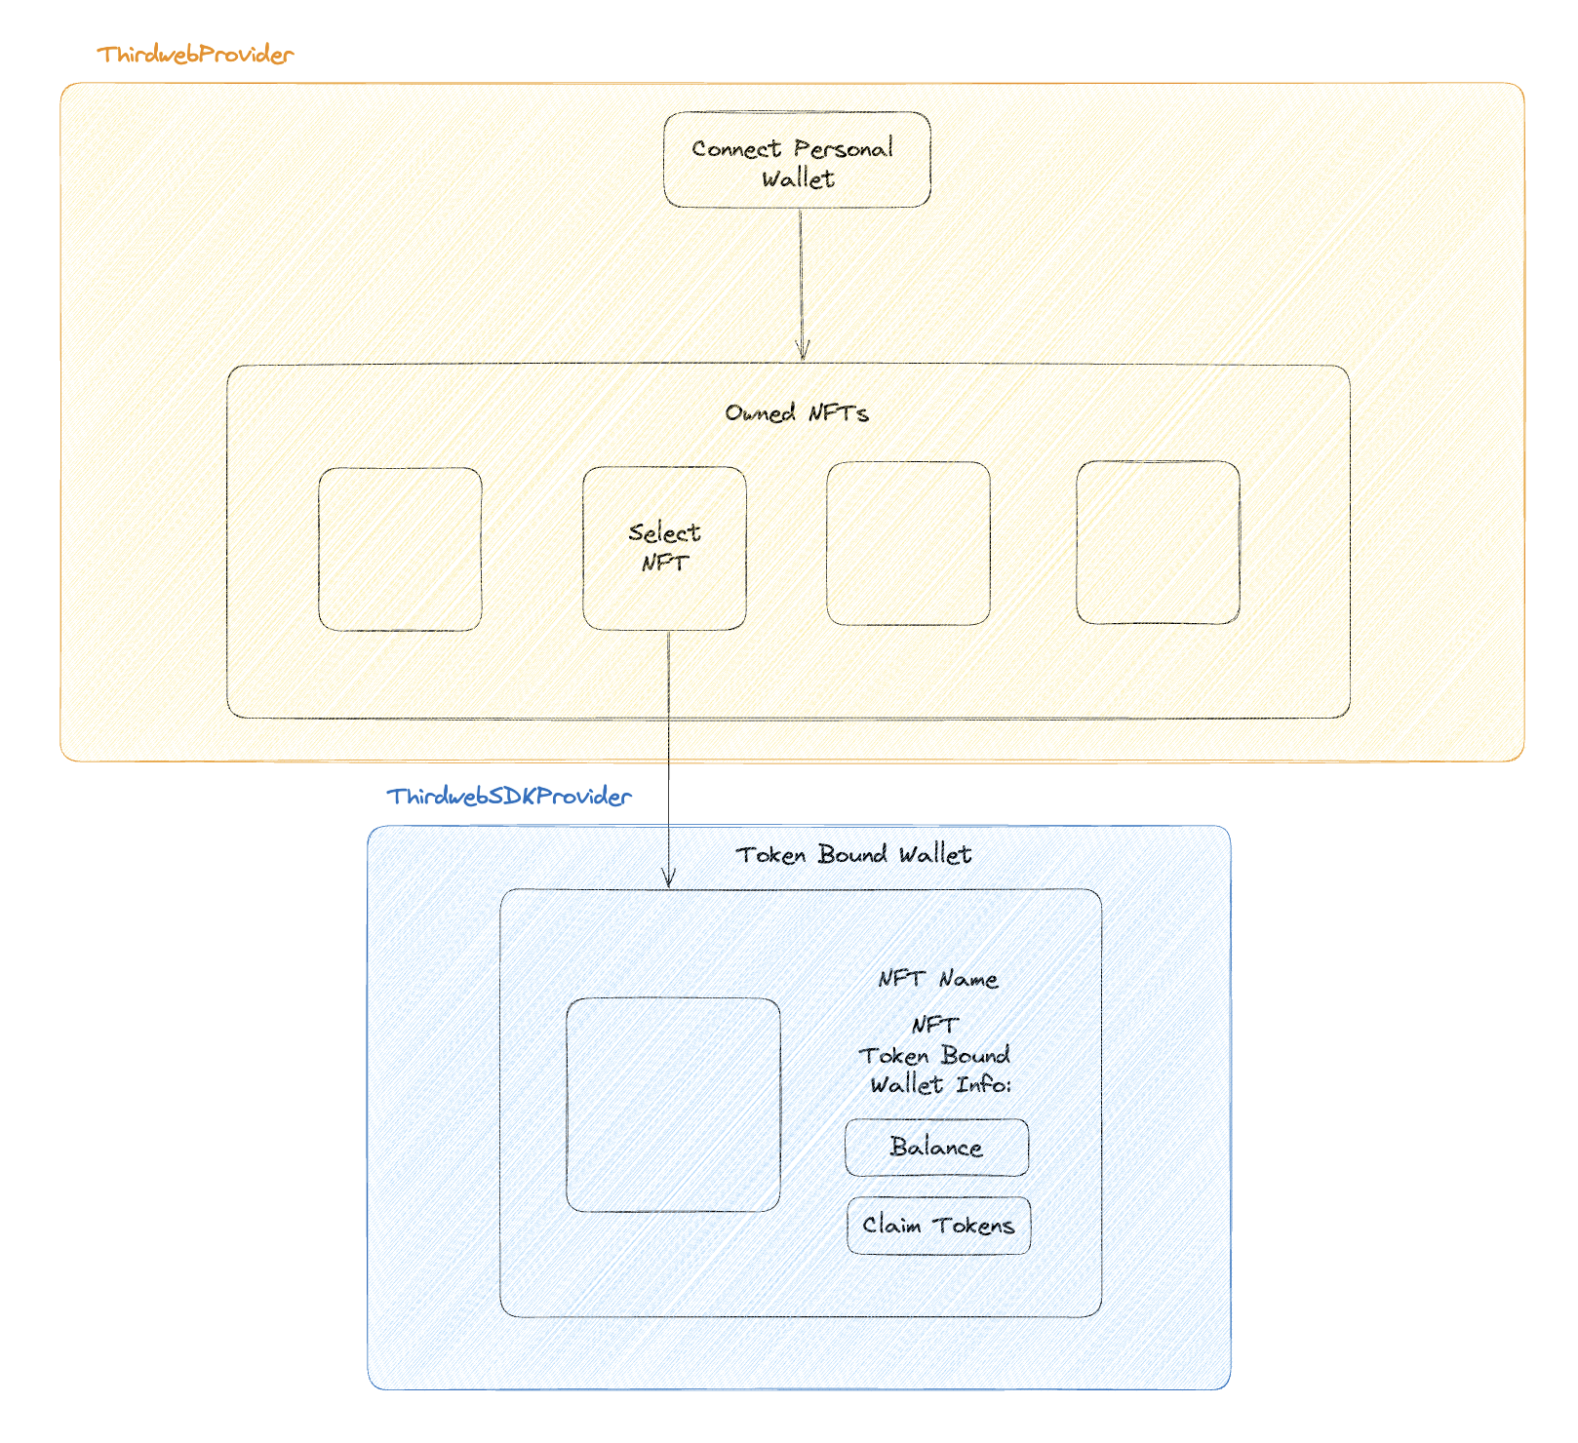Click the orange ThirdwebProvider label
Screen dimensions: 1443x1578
pyautogui.click(x=195, y=55)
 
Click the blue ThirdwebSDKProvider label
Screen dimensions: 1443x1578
pyautogui.click(x=508, y=797)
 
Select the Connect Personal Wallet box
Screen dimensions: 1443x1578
pyautogui.click(x=797, y=160)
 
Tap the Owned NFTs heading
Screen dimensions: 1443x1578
pyautogui.click(x=796, y=413)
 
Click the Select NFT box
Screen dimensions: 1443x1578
pyautogui.click(x=664, y=548)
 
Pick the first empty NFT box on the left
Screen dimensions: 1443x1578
pyautogui.click(x=400, y=549)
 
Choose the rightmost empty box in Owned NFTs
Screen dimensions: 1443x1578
pyautogui.click(x=1158, y=543)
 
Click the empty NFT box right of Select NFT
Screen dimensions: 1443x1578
pyautogui.click(x=908, y=544)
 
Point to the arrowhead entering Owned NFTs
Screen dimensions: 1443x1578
pyautogui.click(x=802, y=354)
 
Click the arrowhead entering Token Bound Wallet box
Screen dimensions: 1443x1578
pyautogui.click(x=668, y=879)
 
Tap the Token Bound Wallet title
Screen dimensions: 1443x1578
pyautogui.click(x=853, y=855)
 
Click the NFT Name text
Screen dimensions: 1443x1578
pyautogui.click(x=937, y=979)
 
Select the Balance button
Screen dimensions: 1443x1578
pyautogui.click(x=936, y=1148)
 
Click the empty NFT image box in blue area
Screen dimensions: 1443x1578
pyautogui.click(x=673, y=1105)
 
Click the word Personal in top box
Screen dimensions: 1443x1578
pyautogui.click(x=843, y=149)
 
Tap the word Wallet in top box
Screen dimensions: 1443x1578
pyautogui.click(x=798, y=179)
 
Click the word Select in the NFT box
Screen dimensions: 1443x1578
pyautogui.click(x=664, y=533)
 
